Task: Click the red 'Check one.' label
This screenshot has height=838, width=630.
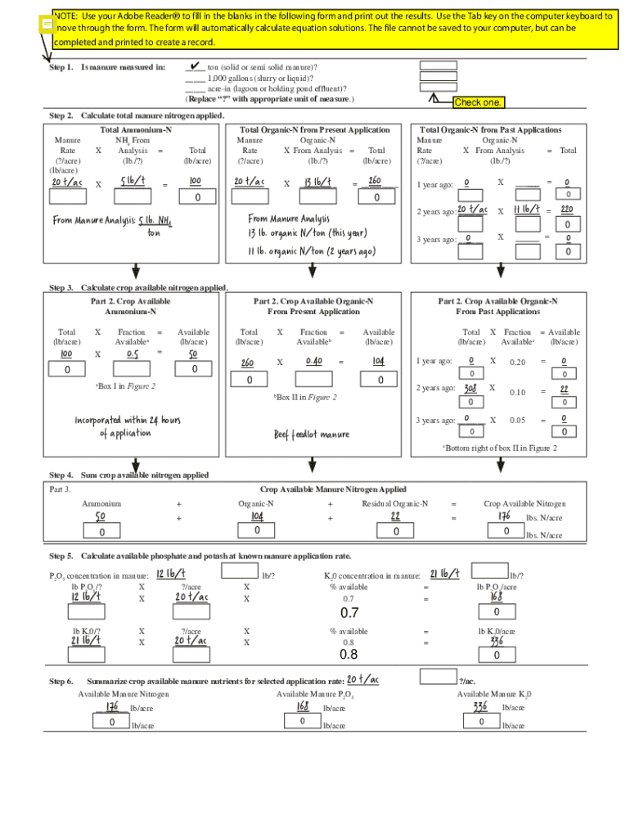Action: (479, 102)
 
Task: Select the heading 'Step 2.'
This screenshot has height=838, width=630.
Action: (61, 116)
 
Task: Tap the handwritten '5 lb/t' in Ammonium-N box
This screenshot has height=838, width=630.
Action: (132, 181)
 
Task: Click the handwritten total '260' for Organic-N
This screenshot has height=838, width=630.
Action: (375, 181)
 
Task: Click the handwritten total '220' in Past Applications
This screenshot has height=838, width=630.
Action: (565, 209)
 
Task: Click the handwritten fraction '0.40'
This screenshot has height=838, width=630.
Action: (313, 361)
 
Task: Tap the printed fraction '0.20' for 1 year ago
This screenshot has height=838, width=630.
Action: (517, 363)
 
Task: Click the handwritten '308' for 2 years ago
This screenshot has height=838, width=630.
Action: (470, 388)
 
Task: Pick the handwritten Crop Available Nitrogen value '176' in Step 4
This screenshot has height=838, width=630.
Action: (506, 516)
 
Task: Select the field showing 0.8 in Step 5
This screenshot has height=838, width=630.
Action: (349, 654)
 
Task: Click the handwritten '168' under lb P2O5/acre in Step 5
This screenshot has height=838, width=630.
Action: (496, 597)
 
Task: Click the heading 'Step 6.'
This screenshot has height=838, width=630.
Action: (61, 681)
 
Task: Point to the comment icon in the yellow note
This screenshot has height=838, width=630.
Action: (47, 25)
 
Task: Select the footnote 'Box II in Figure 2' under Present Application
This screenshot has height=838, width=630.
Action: (305, 397)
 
